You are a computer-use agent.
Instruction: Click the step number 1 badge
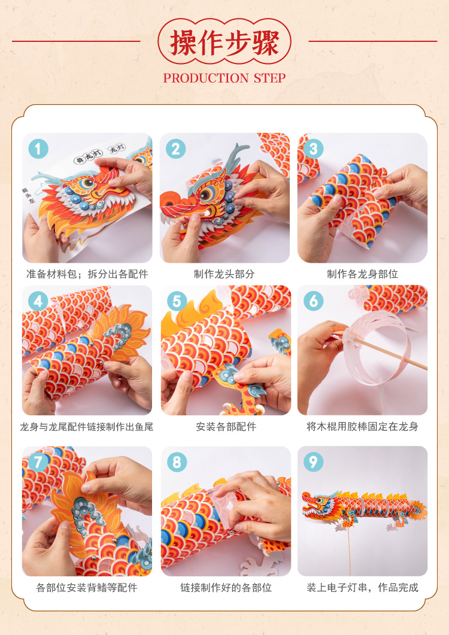38,148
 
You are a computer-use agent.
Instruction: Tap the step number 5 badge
177,301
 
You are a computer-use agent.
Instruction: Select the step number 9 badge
313,461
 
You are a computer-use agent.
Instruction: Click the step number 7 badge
38,462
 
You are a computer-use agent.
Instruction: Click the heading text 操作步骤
224,42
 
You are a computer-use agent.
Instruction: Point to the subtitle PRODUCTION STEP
224,78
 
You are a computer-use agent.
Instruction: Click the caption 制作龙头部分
224,274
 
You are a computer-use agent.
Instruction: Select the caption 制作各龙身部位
362,274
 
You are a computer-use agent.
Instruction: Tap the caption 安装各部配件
226,427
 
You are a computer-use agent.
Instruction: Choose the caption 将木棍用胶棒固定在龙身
362,427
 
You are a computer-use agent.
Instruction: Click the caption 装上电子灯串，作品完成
362,587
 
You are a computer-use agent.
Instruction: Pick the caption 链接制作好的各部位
226,587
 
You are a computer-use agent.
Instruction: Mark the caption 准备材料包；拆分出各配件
87,274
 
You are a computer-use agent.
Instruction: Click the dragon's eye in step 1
86,184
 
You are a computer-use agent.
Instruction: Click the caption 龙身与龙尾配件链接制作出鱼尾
87,427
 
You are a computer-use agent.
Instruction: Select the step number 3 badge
313,148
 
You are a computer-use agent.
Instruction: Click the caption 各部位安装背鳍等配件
87,587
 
